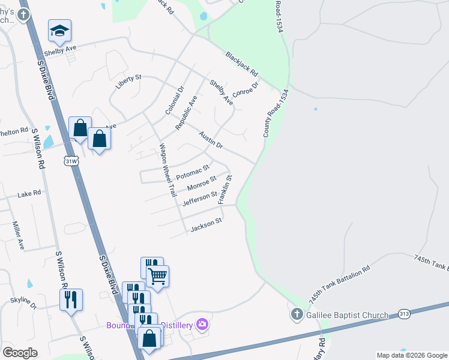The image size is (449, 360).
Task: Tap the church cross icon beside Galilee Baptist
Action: (x=297, y=314)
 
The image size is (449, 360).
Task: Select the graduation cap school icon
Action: (x=59, y=31)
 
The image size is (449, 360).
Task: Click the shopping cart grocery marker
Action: (x=157, y=276)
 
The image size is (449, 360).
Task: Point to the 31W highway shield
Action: (x=71, y=161)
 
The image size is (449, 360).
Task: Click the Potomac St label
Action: (x=192, y=172)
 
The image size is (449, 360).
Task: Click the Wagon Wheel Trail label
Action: (x=167, y=170)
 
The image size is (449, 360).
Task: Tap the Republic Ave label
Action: (x=186, y=113)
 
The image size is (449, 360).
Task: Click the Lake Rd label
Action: (x=29, y=193)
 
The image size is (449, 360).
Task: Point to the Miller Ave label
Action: (x=19, y=235)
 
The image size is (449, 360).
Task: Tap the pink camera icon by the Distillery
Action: (x=202, y=325)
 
